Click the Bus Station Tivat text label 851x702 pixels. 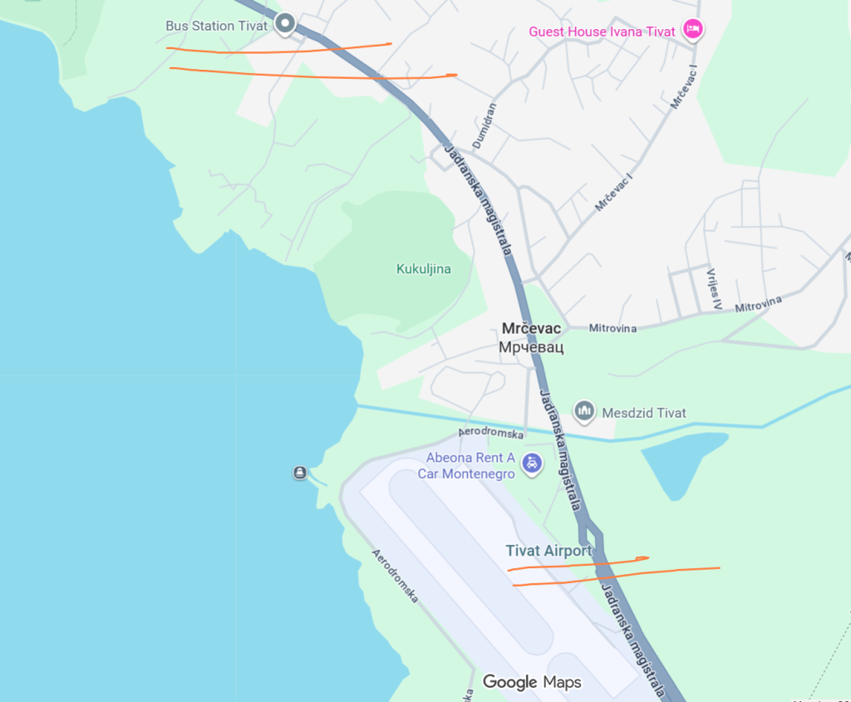216,26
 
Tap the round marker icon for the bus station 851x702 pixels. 285,24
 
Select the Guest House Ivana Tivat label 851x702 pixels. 602,32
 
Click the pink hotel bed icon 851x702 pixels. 692,30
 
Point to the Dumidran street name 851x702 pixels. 484,126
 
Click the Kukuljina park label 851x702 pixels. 423,269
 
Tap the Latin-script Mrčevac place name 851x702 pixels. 531,328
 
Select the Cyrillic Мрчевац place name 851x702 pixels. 531,347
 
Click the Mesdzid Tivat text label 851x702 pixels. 644,413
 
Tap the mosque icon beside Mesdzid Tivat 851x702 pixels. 584,410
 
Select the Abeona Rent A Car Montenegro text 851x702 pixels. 470,465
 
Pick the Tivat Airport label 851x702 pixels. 548,551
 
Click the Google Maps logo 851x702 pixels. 532,682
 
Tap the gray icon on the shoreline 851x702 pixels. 300,473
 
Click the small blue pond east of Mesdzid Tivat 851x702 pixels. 681,461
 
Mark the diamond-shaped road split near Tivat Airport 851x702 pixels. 591,533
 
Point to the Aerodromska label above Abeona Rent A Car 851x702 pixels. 491,434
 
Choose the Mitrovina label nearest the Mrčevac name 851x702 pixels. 612,328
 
